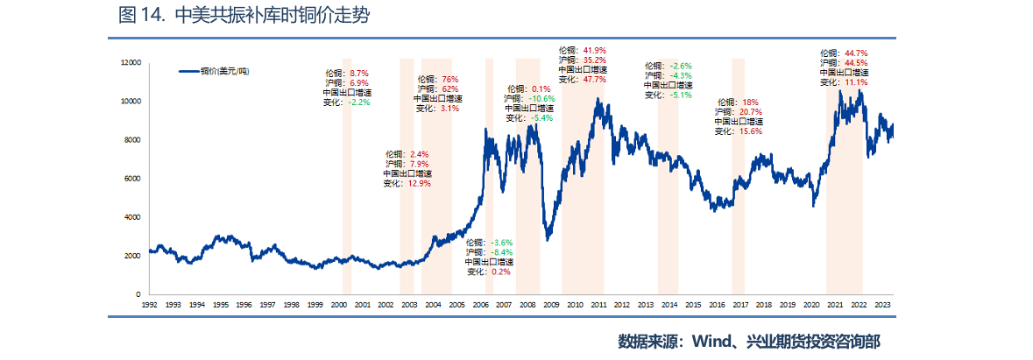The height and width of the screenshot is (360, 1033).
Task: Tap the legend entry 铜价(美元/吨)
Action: coord(214,71)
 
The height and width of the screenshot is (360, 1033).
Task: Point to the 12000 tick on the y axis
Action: coord(131,63)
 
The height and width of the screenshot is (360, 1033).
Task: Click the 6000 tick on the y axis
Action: coord(132,179)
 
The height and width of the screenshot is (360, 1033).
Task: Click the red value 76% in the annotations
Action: coord(449,79)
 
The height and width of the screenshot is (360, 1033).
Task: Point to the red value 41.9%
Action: coord(594,50)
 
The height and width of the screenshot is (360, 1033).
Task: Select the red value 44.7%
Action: coord(856,53)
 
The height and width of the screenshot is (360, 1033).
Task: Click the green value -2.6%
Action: coord(680,66)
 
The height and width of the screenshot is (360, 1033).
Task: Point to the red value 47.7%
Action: coord(594,79)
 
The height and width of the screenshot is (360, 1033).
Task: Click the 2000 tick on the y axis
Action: coord(132,256)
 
